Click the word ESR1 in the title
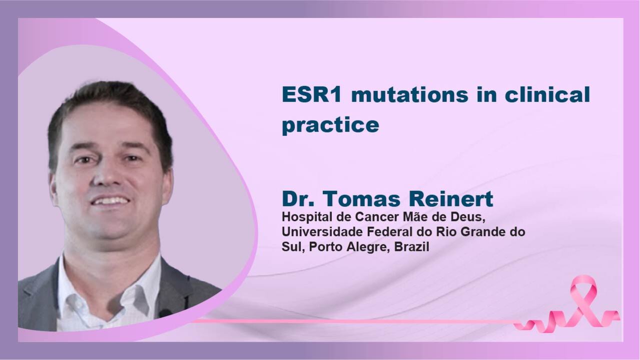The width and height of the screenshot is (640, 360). (311, 94)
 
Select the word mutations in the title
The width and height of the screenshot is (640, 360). (410, 94)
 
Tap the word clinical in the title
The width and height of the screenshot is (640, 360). (547, 94)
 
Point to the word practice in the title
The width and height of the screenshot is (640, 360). (331, 125)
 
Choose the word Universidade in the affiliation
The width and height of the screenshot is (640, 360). (322, 232)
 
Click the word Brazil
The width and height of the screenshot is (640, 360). (412, 247)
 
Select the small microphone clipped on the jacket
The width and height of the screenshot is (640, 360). (165, 313)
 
